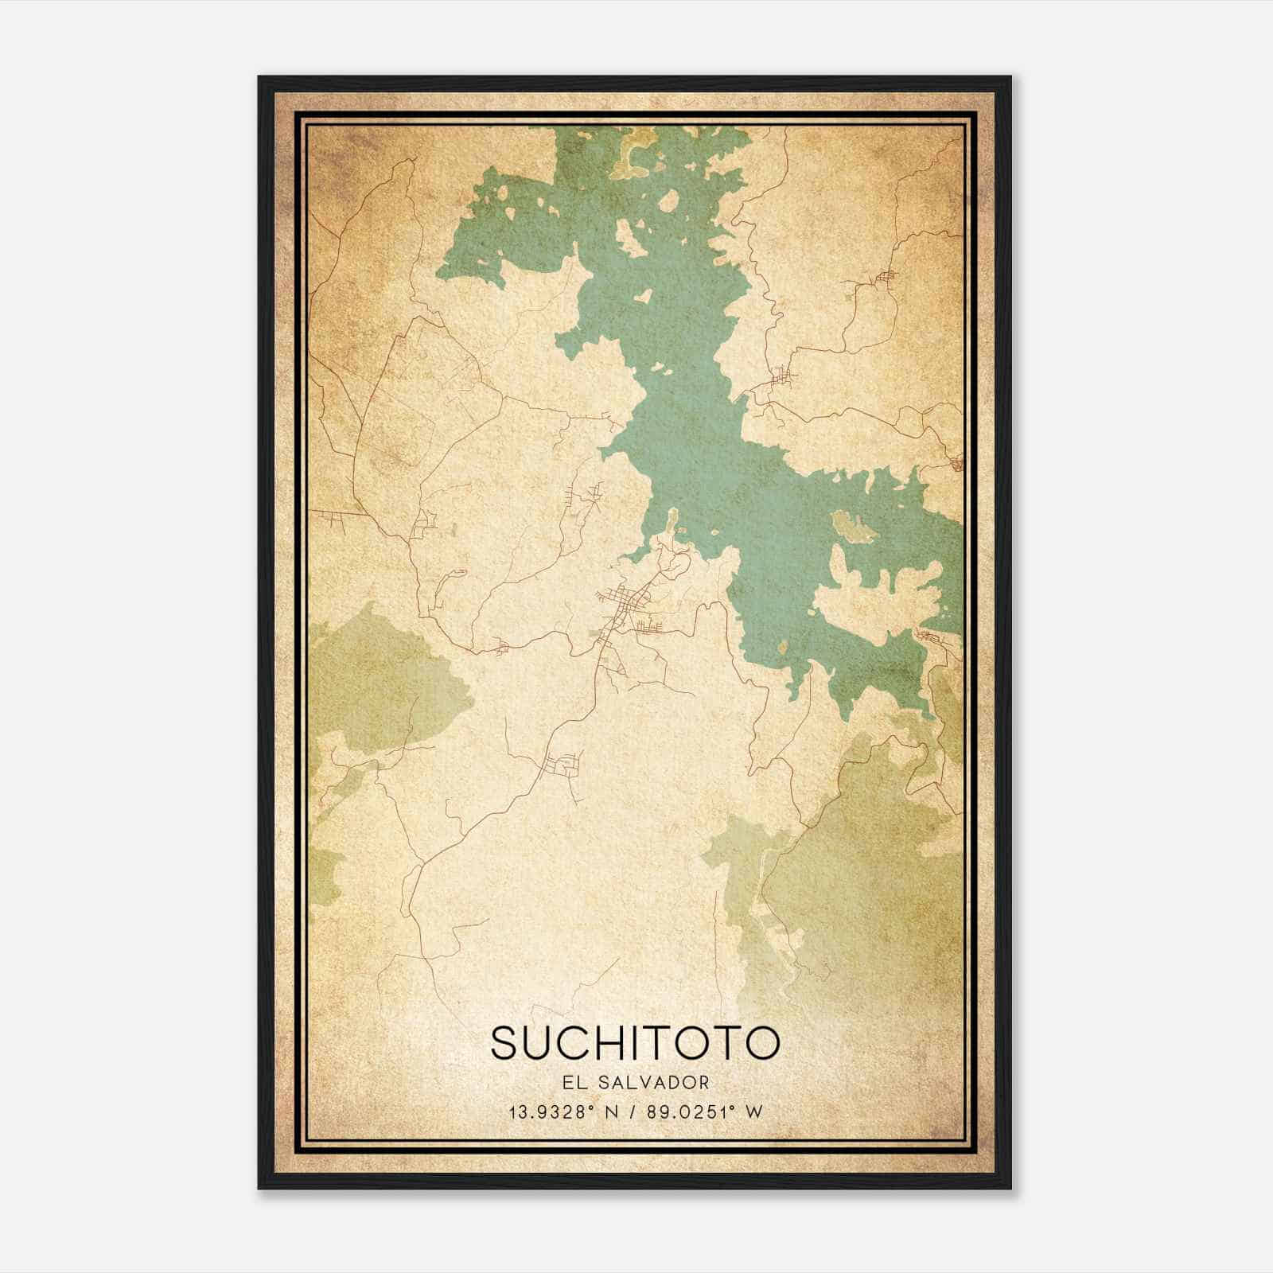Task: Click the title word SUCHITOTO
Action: [635, 1043]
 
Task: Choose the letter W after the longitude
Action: [753, 1111]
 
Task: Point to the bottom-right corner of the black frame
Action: [1010, 1189]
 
